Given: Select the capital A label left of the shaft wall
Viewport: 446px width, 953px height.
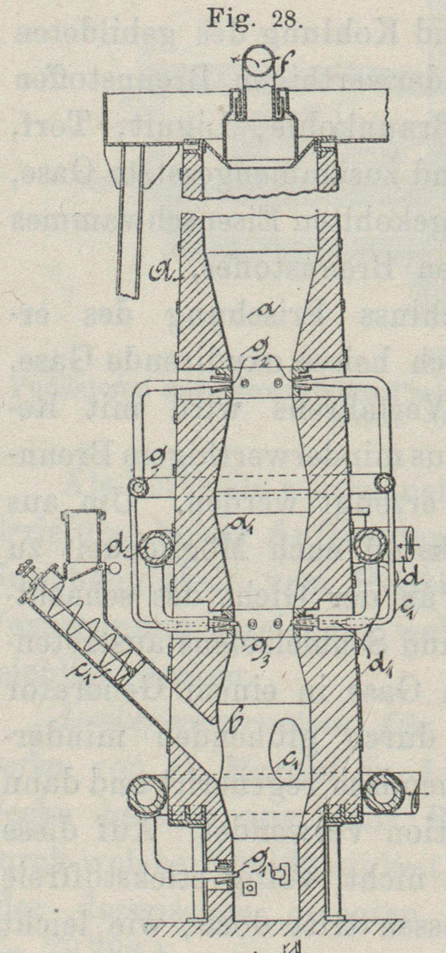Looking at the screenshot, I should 162,272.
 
